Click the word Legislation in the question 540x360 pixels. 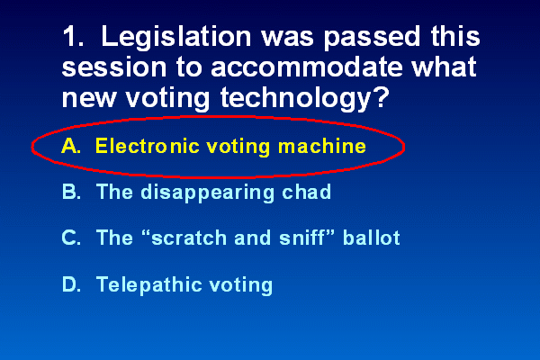click(x=176, y=38)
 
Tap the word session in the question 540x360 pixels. click(x=114, y=67)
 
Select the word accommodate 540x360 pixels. click(x=307, y=67)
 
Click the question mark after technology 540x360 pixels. click(x=380, y=97)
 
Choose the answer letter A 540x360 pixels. click(x=71, y=146)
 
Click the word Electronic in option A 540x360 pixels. click(x=148, y=146)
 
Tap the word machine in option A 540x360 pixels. click(x=322, y=146)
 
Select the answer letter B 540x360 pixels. click(x=71, y=192)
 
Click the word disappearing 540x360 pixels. click(x=208, y=193)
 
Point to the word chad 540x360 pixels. click(x=306, y=192)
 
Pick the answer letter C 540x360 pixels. click(x=71, y=238)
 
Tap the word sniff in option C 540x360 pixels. click(x=302, y=238)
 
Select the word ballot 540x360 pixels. click(x=371, y=238)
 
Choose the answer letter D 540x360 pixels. click(x=72, y=284)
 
